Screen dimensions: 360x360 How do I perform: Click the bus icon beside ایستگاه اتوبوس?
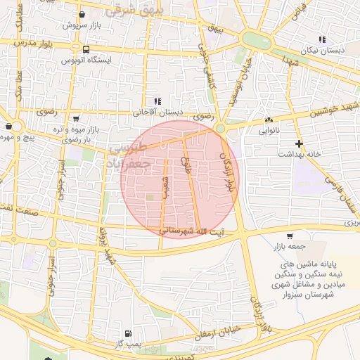click(x=86, y=50)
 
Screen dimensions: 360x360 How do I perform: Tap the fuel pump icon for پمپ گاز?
click(x=127, y=333)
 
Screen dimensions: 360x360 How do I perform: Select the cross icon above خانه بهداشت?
click(x=300, y=143)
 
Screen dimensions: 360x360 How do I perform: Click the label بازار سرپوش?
click(x=79, y=25)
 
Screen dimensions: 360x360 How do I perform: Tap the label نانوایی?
click(x=269, y=130)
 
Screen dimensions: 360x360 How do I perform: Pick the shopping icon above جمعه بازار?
click(x=290, y=236)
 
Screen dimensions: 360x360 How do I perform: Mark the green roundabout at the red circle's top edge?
click(x=220, y=128)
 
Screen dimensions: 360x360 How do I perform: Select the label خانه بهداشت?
click(x=300, y=153)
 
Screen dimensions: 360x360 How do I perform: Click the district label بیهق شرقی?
click(x=134, y=12)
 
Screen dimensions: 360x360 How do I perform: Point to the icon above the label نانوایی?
click(x=269, y=120)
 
